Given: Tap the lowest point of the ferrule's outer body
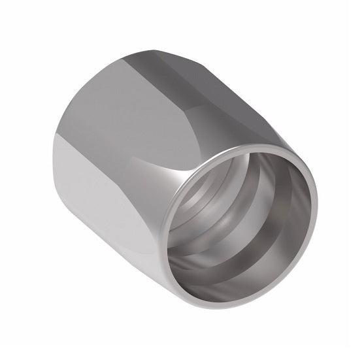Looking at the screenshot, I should [x=216, y=319].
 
